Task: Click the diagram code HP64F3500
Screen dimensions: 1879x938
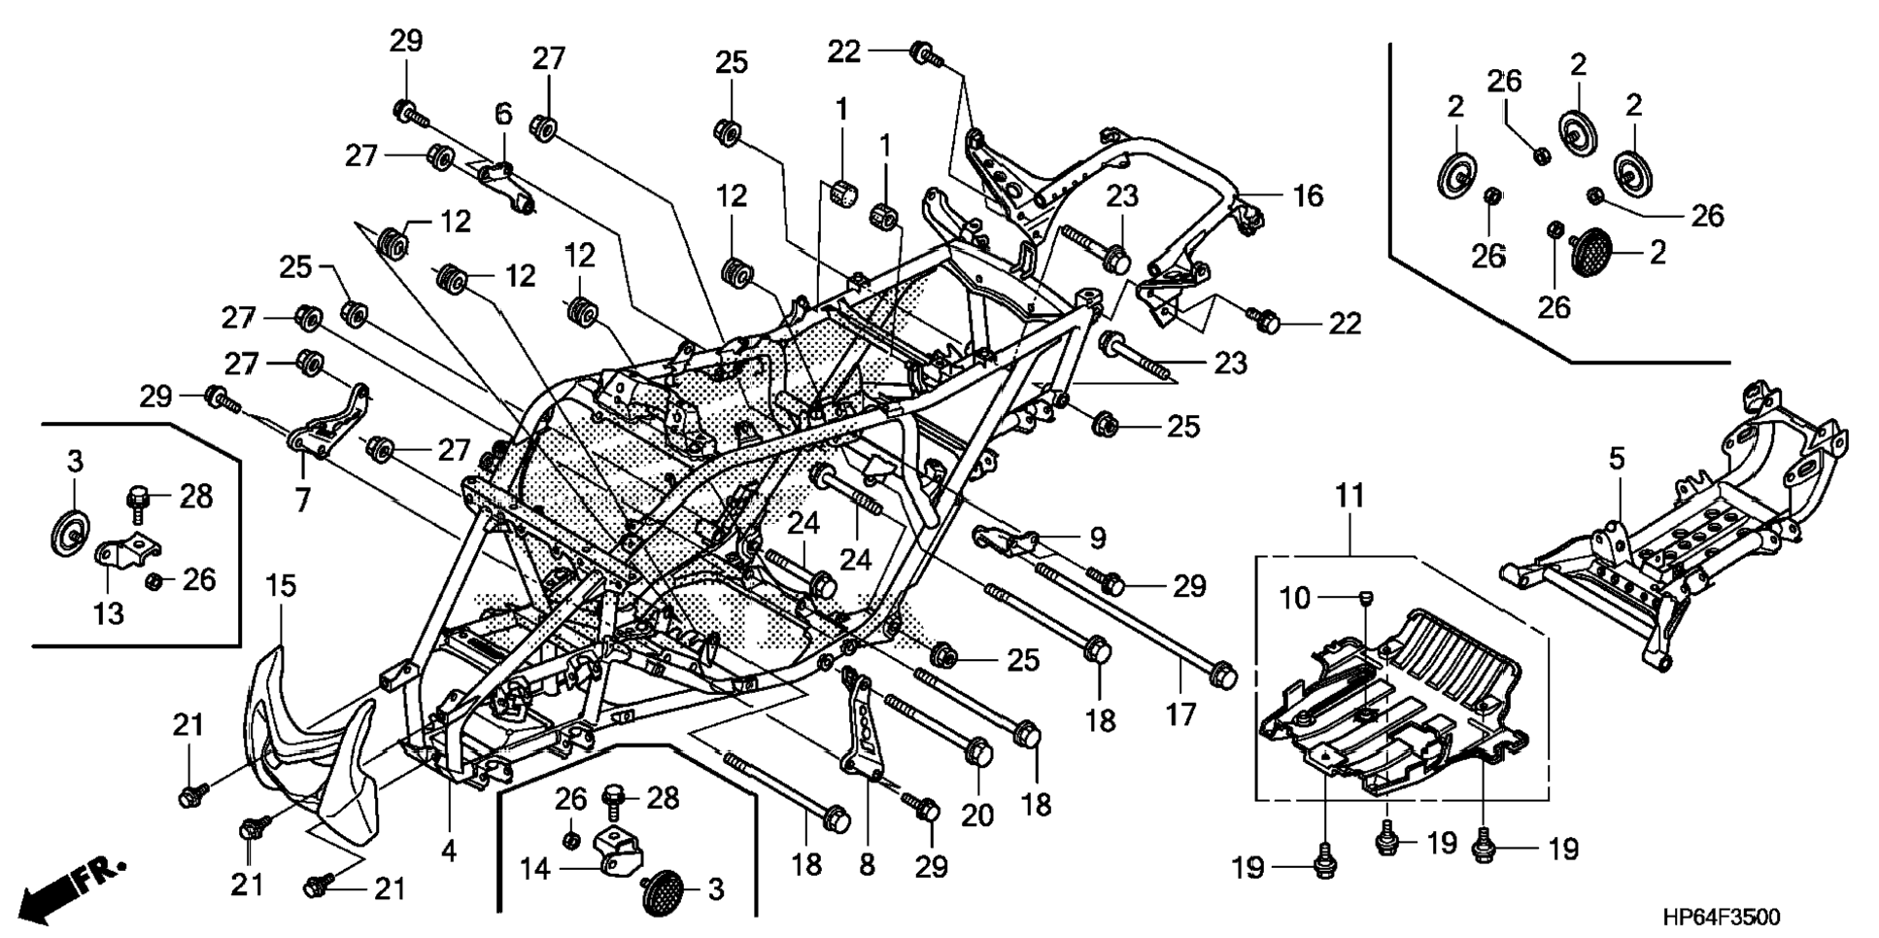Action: pos(1721,917)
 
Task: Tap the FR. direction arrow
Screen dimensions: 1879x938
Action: pos(73,886)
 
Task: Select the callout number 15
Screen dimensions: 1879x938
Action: pos(281,586)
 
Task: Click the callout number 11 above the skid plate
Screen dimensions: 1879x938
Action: pos(1349,497)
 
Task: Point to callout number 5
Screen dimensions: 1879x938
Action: pos(1616,459)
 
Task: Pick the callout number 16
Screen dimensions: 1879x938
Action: pos(1308,195)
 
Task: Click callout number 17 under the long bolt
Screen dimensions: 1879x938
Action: pos(1180,715)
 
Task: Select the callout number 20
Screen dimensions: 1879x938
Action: pos(977,815)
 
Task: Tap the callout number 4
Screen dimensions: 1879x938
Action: pos(448,851)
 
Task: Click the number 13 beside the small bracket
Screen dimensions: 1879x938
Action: pos(109,614)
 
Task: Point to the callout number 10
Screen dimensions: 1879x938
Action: pos(1295,599)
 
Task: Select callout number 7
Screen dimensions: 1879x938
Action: pos(302,502)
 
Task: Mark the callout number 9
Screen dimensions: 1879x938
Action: pos(1097,538)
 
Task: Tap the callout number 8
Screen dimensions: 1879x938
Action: pos(867,864)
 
